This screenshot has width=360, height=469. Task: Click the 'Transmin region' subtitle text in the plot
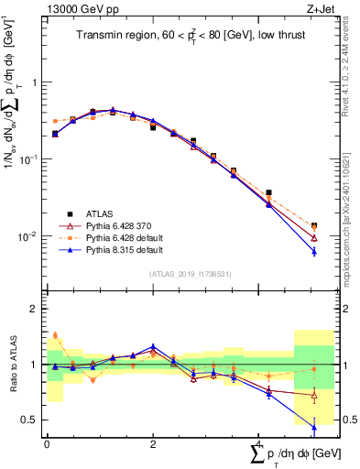point(180,37)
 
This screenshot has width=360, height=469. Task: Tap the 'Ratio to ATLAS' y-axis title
point(12,365)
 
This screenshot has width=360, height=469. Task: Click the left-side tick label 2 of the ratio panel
point(36,309)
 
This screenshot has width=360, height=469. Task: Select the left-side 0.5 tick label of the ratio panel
point(31,420)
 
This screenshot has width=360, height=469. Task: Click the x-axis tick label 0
point(47,443)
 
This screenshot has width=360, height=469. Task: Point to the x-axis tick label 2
point(153,443)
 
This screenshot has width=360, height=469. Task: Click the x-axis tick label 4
point(259,443)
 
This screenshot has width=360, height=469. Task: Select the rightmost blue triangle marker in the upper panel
point(314,251)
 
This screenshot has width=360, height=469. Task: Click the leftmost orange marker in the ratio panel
point(55,335)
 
